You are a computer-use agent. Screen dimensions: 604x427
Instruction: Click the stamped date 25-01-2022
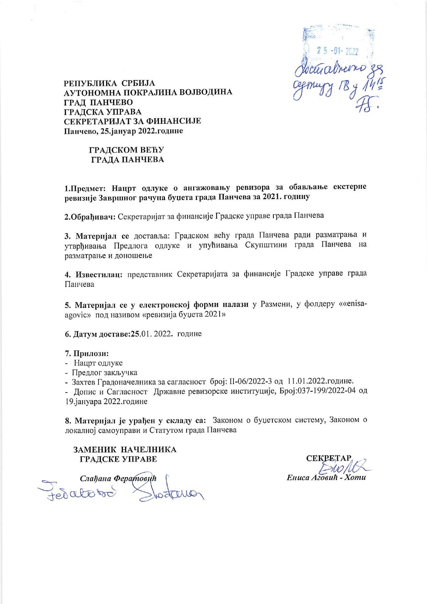point(337,52)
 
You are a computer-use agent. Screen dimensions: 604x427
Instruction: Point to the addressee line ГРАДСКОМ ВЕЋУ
point(126,150)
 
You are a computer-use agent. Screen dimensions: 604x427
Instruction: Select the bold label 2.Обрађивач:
point(90,216)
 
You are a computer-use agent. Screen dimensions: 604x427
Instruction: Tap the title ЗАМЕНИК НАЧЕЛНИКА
point(125,450)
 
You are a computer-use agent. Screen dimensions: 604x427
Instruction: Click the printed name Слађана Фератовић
point(118,479)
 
